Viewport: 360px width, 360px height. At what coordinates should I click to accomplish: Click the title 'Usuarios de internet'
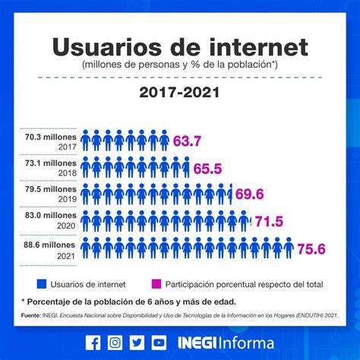[180, 47]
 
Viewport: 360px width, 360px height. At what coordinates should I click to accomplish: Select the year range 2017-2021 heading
[179, 93]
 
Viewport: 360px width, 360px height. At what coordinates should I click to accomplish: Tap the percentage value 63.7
[187, 141]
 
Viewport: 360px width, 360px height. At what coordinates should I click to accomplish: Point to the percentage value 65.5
[207, 168]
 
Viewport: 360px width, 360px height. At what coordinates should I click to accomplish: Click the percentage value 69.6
[249, 194]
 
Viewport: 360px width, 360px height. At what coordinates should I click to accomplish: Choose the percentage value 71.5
[268, 222]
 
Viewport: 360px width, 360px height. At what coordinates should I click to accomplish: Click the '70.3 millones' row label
[50, 137]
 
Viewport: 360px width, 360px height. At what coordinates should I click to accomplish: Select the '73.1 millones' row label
[50, 163]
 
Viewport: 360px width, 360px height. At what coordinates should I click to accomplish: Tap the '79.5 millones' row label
[50, 191]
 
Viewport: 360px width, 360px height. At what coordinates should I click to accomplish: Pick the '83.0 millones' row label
[50, 217]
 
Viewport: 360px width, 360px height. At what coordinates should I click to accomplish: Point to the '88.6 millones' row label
[50, 245]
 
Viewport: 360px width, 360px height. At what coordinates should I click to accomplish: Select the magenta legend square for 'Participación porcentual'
[156, 284]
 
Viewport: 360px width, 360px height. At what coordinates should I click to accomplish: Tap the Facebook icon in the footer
[93, 343]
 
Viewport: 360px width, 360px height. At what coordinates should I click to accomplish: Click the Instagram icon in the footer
[115, 343]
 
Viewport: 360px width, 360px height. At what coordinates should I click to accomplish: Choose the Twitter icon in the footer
[136, 343]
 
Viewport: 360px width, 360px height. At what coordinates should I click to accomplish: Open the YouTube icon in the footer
[158, 343]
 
